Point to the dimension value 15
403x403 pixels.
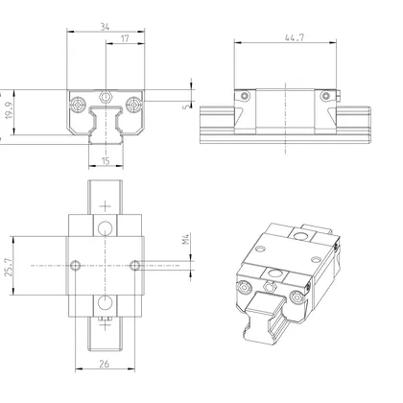click(x=105, y=162)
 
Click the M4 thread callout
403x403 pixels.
click(x=187, y=251)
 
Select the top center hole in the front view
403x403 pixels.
click(x=105, y=96)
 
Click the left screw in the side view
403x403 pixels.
click(x=246, y=96)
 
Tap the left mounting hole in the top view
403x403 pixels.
click(x=75, y=264)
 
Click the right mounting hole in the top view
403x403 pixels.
click(x=134, y=264)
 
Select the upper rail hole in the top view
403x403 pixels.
click(x=105, y=226)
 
